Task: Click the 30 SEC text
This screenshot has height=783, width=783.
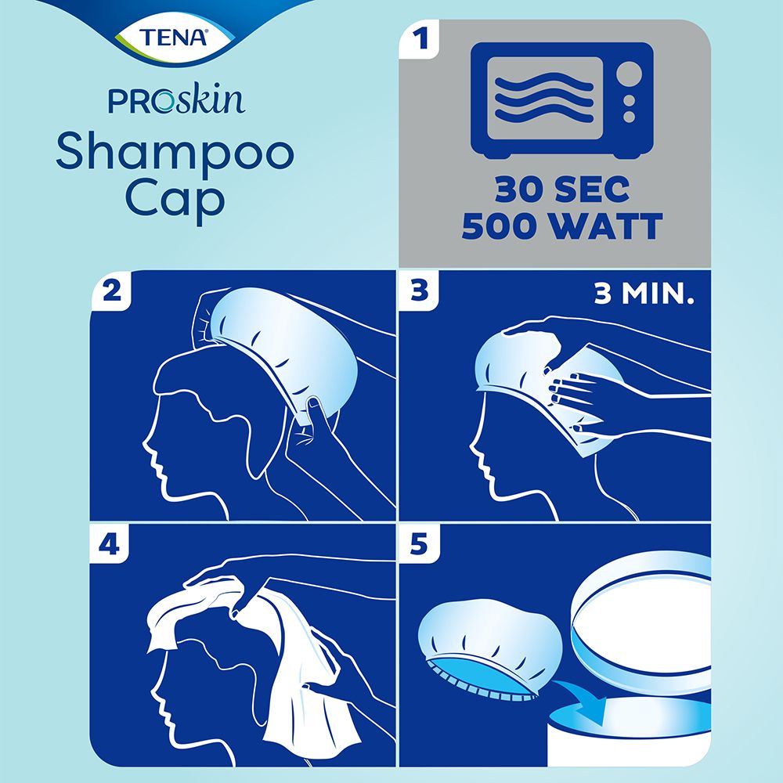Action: pos(561,191)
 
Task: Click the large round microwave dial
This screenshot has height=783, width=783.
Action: pos(629,76)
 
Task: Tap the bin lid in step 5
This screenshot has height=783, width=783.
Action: pos(642,607)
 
